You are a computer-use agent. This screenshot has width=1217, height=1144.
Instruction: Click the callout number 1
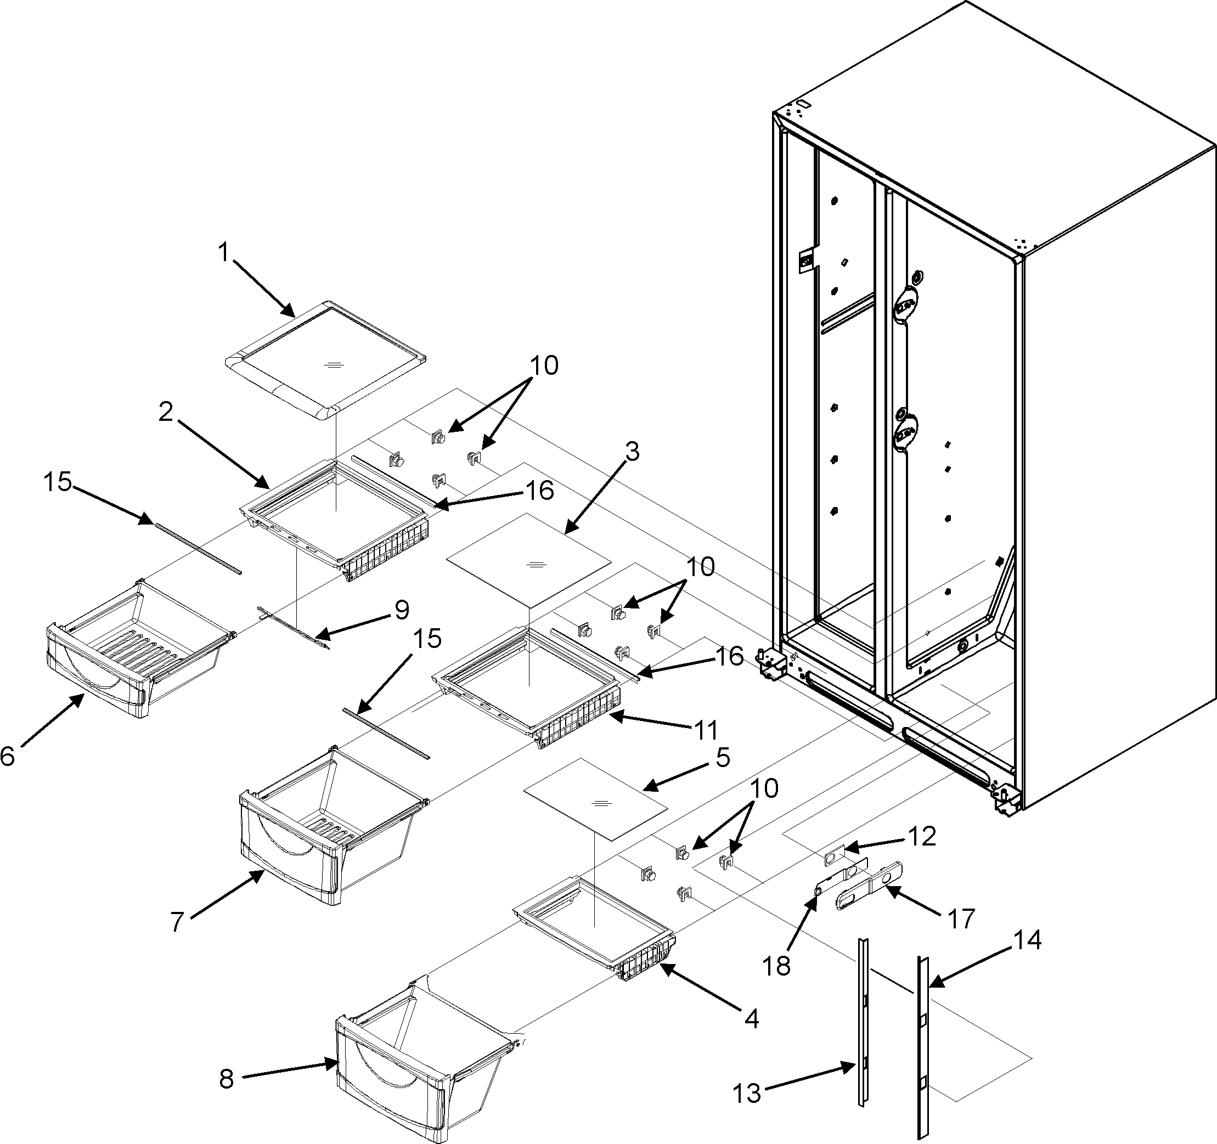pos(223,252)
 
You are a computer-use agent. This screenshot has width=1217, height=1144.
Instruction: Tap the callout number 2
pos(166,412)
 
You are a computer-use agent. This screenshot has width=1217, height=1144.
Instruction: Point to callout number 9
pos(402,610)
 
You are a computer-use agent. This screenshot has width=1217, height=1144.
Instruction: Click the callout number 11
pos(705,729)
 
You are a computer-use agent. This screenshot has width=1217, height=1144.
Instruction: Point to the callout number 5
pos(723,758)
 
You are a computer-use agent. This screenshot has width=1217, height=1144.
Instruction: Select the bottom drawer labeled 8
pos(416,1065)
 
